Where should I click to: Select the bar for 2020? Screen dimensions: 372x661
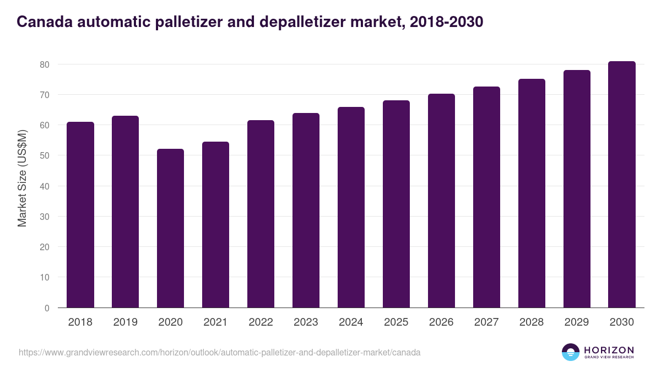tap(170, 228)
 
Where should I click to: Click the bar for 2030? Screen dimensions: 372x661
tap(622, 185)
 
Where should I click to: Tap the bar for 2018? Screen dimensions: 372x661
tap(80, 215)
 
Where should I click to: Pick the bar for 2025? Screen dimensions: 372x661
tap(396, 204)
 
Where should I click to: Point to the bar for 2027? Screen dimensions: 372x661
tap(486, 197)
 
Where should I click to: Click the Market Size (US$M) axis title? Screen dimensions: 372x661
tap(22, 179)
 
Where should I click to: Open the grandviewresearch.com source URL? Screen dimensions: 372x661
tap(220, 352)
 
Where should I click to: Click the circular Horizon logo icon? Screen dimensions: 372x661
tap(571, 352)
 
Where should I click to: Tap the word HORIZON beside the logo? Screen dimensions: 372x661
tap(609, 349)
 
